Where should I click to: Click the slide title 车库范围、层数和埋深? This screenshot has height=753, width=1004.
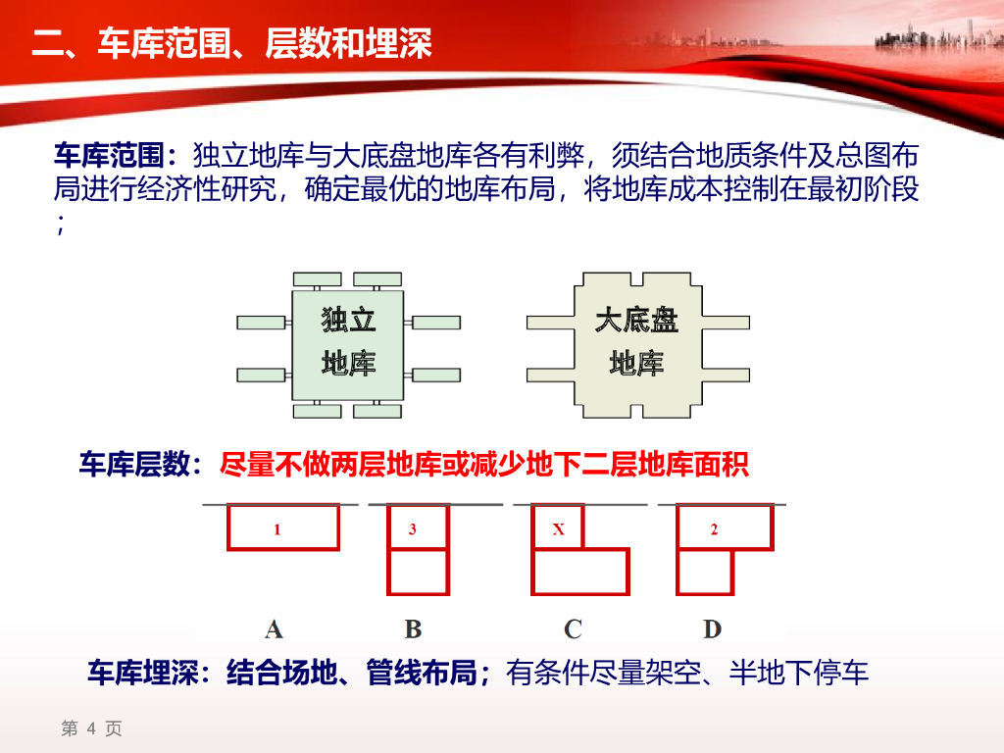point(231,44)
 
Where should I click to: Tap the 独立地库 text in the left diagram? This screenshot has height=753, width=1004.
point(348,341)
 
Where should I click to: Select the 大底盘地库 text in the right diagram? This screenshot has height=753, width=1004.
point(636,341)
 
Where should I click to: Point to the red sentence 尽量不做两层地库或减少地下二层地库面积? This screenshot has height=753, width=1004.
point(484,465)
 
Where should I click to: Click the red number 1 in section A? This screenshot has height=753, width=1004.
point(277,529)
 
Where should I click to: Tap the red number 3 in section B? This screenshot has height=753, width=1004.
point(413,529)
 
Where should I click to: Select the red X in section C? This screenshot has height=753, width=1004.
point(559,529)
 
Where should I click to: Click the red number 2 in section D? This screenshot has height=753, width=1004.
point(714,529)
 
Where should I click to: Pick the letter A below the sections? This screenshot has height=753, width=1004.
point(274,628)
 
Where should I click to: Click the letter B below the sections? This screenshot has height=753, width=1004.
point(413,628)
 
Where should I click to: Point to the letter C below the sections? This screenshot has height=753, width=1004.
point(573,628)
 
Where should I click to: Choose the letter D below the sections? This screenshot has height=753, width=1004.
point(713,628)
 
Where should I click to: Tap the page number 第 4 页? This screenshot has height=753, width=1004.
point(91,728)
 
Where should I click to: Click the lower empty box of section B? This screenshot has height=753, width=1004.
point(419,572)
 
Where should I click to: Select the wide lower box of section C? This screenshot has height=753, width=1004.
point(579,572)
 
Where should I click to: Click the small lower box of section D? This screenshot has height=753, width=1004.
point(705,572)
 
